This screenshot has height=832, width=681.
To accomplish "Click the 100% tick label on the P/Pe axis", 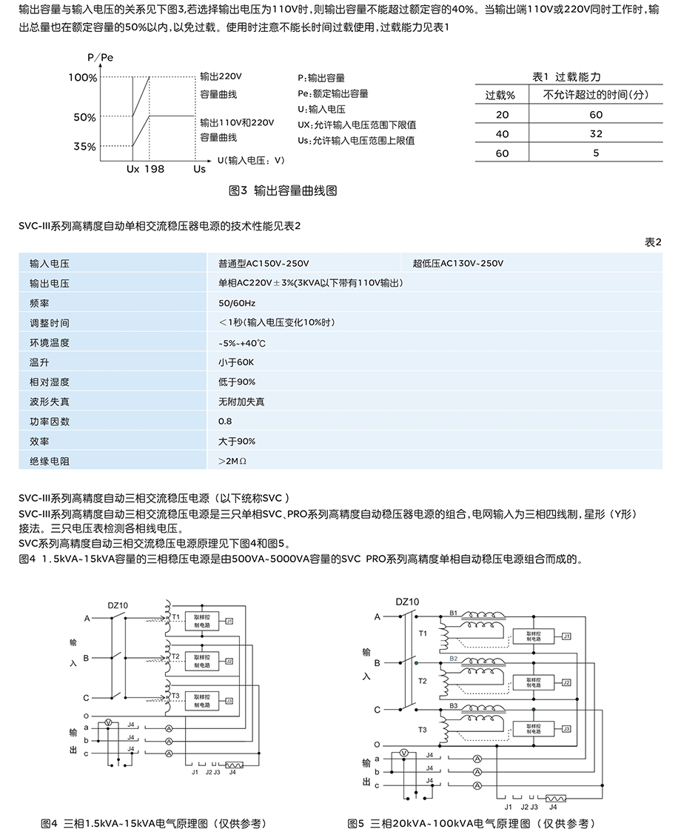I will tap(82, 77).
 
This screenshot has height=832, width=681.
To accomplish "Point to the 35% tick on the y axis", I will tap(84, 147).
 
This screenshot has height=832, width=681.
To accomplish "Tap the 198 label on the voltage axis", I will tap(154, 169).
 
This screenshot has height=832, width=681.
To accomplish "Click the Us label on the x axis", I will tap(199, 169).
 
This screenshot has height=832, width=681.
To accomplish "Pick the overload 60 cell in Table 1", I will tap(503, 153).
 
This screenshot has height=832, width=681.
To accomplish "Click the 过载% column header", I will tap(506, 95).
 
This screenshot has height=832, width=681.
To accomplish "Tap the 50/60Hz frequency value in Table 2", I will tap(237, 304).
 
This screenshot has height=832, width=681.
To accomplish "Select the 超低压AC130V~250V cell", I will tap(458, 264).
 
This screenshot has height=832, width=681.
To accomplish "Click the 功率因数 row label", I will tap(50, 422).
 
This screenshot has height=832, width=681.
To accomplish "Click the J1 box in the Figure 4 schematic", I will tap(229, 620).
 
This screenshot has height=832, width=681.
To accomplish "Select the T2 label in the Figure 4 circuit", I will tap(175, 656).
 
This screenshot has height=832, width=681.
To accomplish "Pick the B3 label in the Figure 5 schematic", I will tap(454, 706).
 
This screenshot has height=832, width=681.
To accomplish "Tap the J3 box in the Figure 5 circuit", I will tap(566, 728).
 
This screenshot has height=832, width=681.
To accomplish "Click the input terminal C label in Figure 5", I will tap(377, 709).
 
